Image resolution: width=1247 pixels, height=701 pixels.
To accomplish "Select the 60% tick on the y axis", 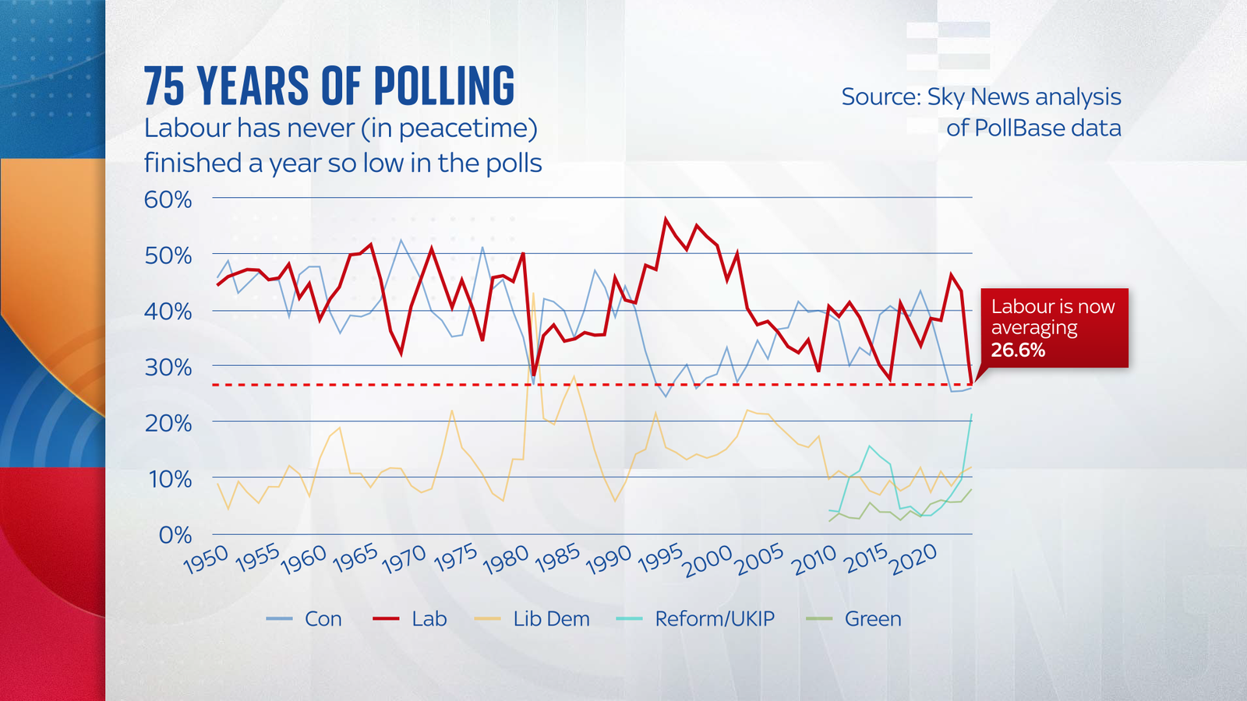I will click(x=168, y=199).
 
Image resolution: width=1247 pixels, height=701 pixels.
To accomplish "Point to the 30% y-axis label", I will click(x=168, y=367).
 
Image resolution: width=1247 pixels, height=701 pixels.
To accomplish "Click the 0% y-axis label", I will click(x=175, y=535).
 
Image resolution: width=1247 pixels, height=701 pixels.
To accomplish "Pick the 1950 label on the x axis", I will click(x=206, y=559).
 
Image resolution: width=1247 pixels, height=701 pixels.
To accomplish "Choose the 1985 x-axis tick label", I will click(x=557, y=559).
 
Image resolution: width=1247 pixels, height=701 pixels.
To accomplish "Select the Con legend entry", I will click(x=323, y=618).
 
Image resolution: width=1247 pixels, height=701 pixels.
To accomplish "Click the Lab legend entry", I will click(x=429, y=618).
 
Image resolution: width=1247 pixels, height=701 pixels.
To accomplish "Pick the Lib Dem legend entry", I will click(x=551, y=618).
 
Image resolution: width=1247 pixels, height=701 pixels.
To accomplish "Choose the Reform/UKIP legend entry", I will click(x=715, y=618).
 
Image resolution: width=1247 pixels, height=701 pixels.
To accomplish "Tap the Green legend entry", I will click(x=873, y=618).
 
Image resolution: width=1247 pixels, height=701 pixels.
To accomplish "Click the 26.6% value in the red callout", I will click(x=1018, y=350).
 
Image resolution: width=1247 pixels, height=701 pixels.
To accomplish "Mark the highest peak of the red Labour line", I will click(x=666, y=219).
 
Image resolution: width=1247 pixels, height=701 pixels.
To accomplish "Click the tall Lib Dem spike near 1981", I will click(x=533, y=294).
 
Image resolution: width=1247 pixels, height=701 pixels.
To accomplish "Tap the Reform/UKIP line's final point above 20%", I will click(x=971, y=415).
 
